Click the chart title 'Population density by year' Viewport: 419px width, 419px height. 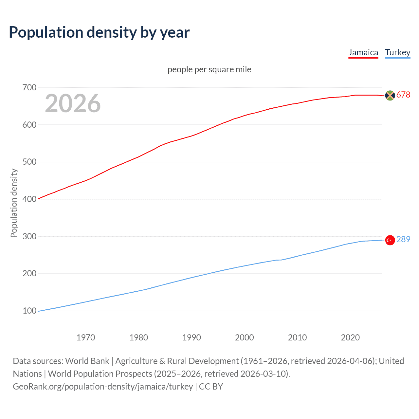click(99, 32)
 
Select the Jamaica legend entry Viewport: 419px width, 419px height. click(363, 52)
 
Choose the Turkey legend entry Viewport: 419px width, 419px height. click(397, 52)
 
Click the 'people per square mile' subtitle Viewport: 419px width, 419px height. click(209, 69)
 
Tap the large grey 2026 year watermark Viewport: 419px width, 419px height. click(73, 103)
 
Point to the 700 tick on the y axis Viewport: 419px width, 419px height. click(29, 87)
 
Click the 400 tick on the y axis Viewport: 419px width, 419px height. click(29, 199)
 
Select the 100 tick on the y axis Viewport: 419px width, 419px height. click(29, 311)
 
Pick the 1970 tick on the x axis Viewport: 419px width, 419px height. click(86, 337)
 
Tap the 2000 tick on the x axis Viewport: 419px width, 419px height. click(244, 337)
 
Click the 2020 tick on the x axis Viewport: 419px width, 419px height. click(350, 337)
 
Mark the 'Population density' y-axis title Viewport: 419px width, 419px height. click(14, 203)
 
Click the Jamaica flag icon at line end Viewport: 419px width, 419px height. click(390, 95)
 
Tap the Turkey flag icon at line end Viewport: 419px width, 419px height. click(390, 240)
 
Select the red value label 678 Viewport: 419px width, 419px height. click(403, 95)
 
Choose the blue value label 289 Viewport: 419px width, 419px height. click(403, 239)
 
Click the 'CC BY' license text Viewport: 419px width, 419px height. click(211, 387)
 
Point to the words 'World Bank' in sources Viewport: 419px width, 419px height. click(87, 361)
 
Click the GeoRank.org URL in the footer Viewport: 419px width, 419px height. click(103, 387)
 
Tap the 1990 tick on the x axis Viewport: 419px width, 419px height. click(191, 337)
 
